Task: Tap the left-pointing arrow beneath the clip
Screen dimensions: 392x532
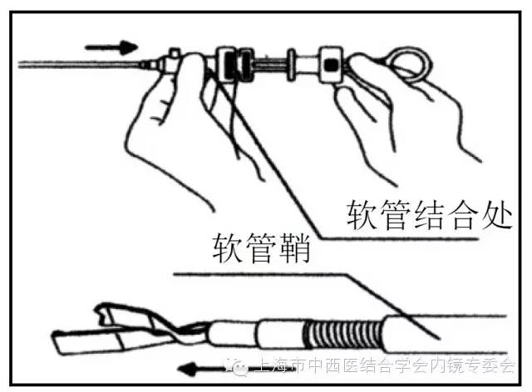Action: (204, 366)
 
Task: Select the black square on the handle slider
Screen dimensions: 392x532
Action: (331, 64)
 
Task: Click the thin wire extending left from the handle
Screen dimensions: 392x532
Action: (75, 63)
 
